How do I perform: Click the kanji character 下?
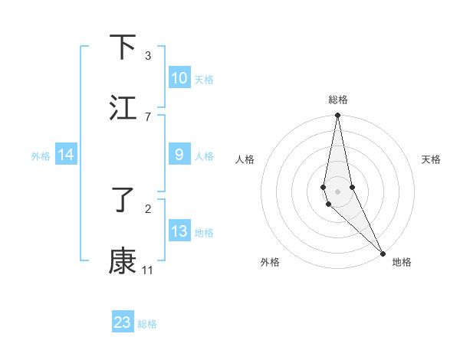coord(123,47)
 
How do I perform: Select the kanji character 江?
coord(123,108)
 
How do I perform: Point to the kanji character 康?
coord(123,261)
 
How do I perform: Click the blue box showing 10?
coord(179,77)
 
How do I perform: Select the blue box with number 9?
coord(179,155)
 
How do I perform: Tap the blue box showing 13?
coord(179,231)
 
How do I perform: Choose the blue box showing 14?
coord(66,155)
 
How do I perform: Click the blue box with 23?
coord(123,322)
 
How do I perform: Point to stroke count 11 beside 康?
coord(147,270)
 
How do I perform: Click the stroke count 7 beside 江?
coord(147,116)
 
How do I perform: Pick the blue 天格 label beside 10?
coord(204,79)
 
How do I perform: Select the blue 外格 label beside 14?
coord(41,156)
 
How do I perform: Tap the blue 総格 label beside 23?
coord(147,324)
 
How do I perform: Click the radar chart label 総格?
coord(338,100)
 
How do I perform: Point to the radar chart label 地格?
coord(402,262)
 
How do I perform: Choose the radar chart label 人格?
coord(245,159)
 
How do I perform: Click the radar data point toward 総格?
coord(338,116)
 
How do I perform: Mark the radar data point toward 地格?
coord(383,253)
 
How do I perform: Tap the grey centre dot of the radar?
coord(338,191)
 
